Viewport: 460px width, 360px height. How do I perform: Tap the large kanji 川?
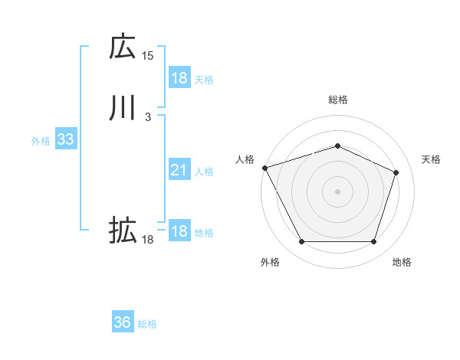(x=123, y=108)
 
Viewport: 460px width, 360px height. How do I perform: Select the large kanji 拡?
(x=123, y=230)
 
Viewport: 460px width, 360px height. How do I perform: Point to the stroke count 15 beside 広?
(x=148, y=55)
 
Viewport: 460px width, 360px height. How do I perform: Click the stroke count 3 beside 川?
(x=148, y=117)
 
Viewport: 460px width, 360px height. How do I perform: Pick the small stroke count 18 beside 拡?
(x=148, y=240)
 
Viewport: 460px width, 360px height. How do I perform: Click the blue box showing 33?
(x=65, y=140)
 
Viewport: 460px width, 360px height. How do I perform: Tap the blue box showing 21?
(x=179, y=170)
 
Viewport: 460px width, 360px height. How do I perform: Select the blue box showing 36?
(x=122, y=322)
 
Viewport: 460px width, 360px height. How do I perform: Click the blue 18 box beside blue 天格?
(x=179, y=78)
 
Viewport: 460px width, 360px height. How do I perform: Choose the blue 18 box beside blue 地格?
(x=179, y=231)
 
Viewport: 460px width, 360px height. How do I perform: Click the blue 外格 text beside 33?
(x=41, y=141)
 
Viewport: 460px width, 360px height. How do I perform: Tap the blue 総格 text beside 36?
(x=147, y=324)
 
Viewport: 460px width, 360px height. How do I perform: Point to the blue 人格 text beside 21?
(x=204, y=172)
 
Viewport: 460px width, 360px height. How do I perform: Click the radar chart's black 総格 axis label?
(x=337, y=100)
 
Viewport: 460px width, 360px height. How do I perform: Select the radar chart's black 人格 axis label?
(x=245, y=159)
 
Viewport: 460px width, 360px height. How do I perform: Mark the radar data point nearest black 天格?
(x=396, y=172)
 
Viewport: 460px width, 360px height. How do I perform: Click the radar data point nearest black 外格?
(x=301, y=242)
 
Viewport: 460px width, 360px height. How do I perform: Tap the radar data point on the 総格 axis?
(x=337, y=146)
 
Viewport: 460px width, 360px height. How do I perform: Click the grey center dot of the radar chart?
(x=337, y=191)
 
